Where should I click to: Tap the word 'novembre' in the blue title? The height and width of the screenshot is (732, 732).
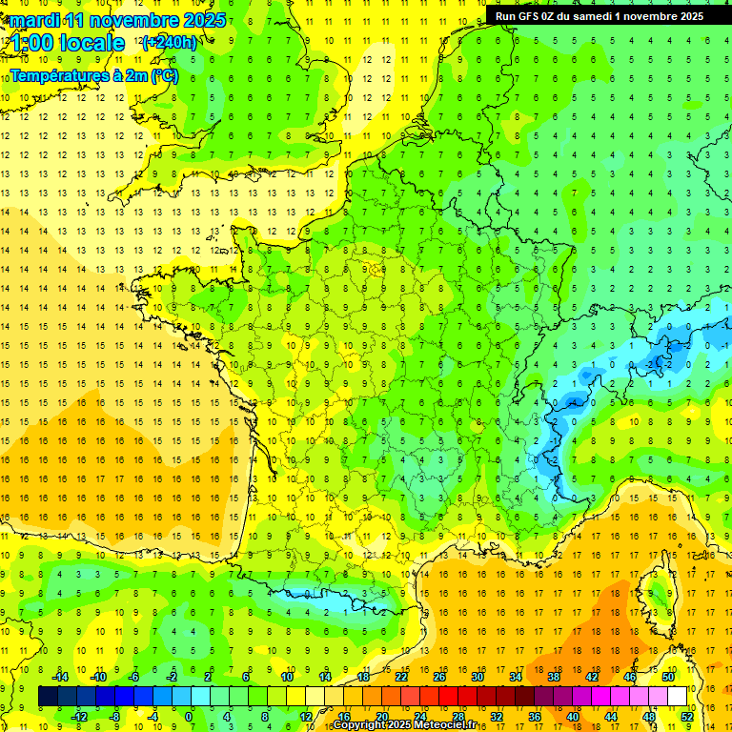[x=135, y=20]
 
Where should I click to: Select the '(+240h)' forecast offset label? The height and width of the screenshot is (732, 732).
[x=169, y=43]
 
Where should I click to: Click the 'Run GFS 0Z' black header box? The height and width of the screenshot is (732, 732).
[x=599, y=15]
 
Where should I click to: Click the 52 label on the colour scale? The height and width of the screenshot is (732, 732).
[x=686, y=716]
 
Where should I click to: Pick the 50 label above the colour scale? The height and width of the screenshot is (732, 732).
[x=667, y=676]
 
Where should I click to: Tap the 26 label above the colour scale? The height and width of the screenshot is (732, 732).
[x=439, y=676]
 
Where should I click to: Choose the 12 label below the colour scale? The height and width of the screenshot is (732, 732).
[x=305, y=716]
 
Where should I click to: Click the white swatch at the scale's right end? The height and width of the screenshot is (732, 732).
[x=677, y=696]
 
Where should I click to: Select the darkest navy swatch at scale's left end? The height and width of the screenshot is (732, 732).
[x=48, y=696]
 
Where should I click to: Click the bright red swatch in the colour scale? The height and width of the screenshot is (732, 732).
[x=448, y=696]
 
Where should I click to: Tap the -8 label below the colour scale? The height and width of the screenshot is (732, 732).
[x=114, y=716]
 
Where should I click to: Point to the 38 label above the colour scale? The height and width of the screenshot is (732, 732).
[x=553, y=676]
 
